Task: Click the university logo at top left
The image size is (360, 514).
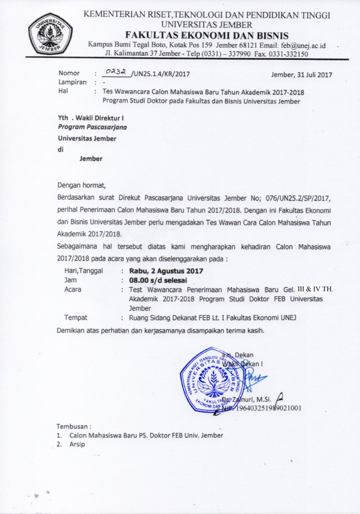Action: [x=50, y=30]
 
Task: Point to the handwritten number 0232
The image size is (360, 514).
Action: [x=115, y=72]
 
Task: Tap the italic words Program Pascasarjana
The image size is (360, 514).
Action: [x=92, y=127]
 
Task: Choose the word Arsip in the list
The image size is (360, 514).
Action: [x=78, y=444]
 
